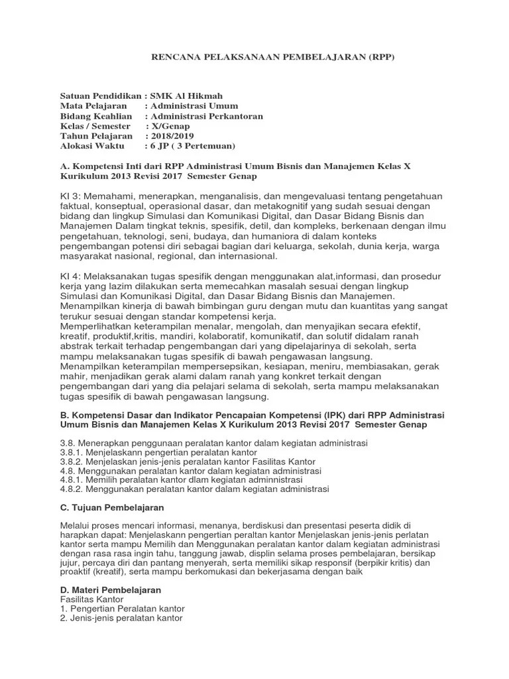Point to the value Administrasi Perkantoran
[207, 115]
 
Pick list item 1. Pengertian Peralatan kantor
[122, 609]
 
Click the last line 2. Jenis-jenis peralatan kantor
[121, 618]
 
